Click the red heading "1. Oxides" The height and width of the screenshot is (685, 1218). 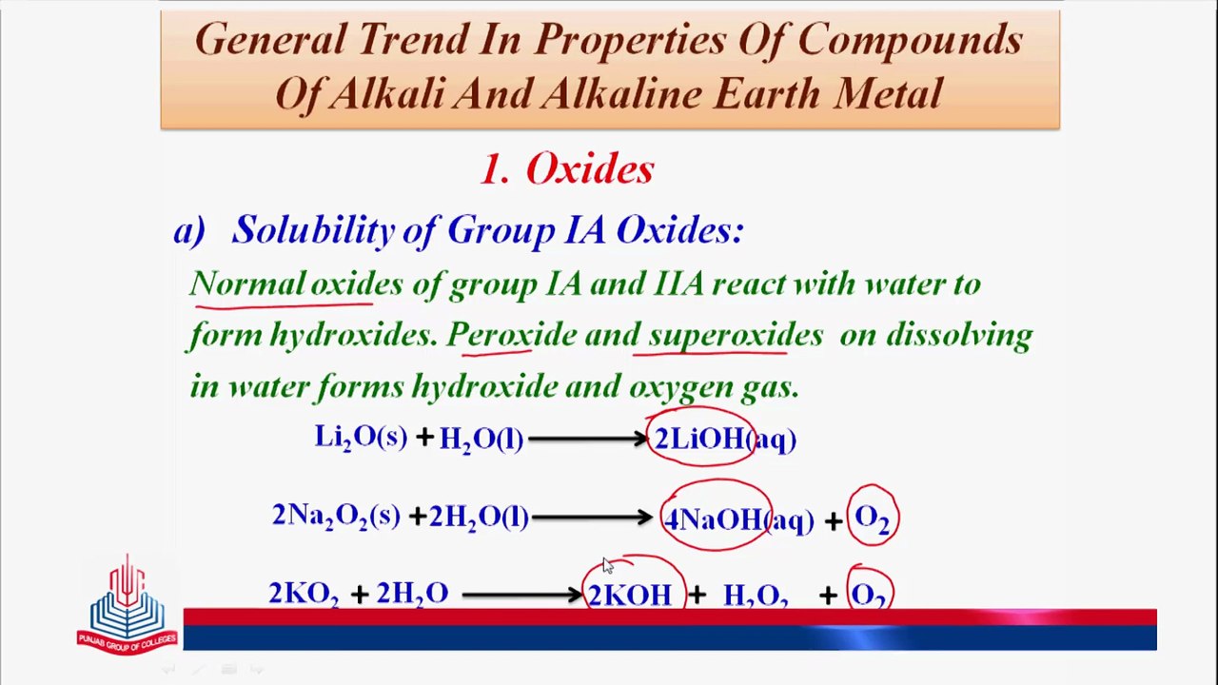tap(567, 168)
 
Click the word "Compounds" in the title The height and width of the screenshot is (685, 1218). tap(911, 40)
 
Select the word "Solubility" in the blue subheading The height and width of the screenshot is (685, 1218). tap(313, 230)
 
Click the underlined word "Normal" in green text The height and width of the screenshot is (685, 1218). tap(247, 284)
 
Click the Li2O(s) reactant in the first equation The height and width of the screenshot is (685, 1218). tap(361, 437)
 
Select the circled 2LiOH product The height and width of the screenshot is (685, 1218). tap(699, 439)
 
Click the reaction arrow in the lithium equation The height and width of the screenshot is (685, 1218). tap(588, 439)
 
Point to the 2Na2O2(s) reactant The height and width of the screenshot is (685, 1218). tap(336, 516)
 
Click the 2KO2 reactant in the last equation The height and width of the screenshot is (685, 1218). tap(304, 594)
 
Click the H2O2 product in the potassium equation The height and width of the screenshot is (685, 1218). tap(756, 596)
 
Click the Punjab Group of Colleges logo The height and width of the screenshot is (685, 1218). tap(128, 604)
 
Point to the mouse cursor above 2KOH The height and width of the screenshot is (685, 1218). tap(608, 565)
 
